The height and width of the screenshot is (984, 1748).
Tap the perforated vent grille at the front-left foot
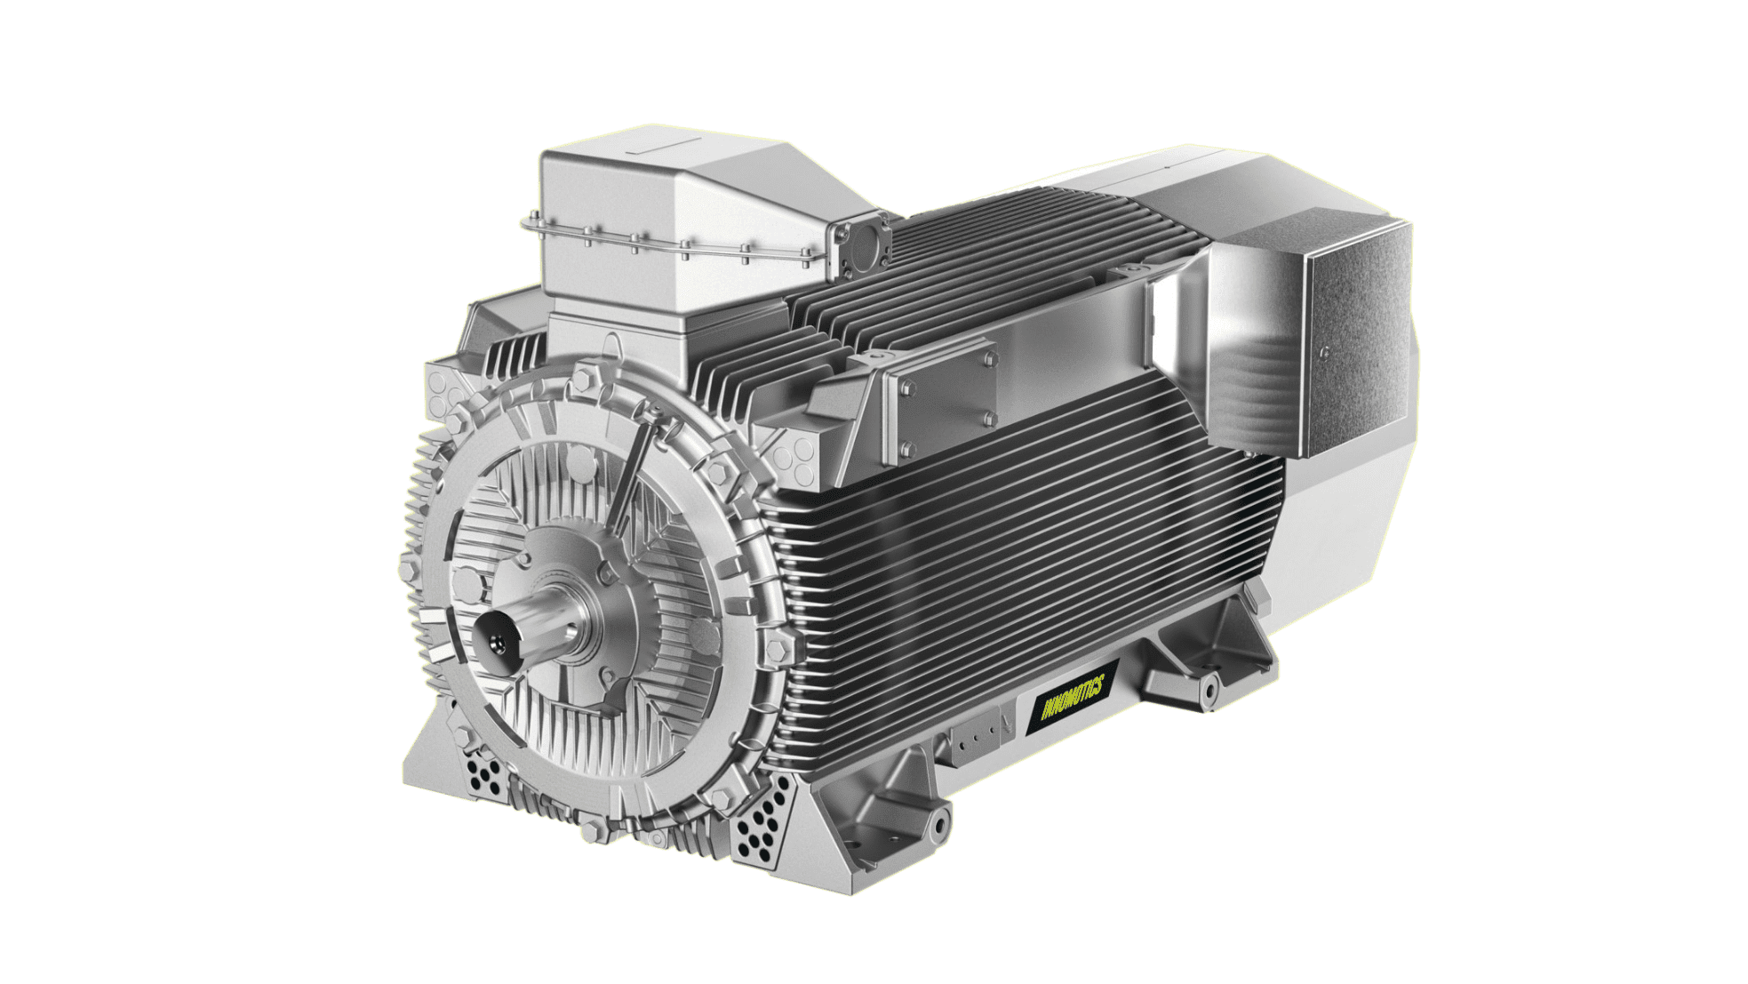point(484,776)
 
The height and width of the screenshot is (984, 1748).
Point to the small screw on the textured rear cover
point(1325,353)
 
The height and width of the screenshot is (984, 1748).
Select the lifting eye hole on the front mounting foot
point(938,826)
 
